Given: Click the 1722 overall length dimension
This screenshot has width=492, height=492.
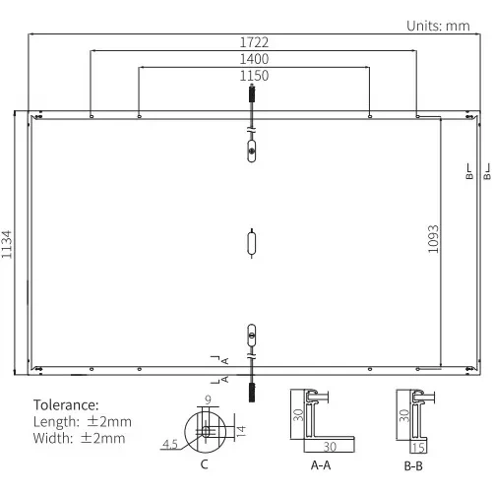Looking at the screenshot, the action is tap(254, 42).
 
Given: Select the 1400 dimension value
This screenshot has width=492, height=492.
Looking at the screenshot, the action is tap(254, 59).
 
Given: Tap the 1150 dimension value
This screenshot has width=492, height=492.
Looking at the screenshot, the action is tap(254, 76).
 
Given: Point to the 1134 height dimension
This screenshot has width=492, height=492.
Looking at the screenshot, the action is tap(7, 244).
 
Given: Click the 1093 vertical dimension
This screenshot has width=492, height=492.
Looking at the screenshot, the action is tap(433, 239).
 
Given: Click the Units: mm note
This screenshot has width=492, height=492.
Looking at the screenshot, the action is tap(438, 26).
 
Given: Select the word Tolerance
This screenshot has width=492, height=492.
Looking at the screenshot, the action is tap(66, 405).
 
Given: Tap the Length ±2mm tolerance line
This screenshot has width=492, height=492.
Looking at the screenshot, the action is tap(83, 422).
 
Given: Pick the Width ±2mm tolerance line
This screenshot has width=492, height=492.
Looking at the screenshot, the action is tap(79, 438).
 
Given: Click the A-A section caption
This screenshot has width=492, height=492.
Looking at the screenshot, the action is tap(321, 465).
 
